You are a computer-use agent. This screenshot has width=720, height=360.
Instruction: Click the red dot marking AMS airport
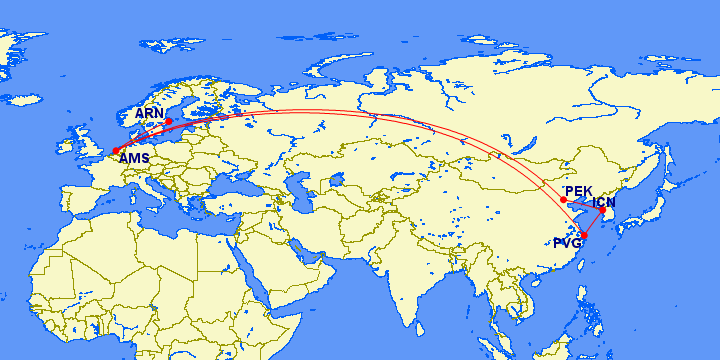(117, 150)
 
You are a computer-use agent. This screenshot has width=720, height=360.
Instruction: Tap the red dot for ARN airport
(168, 122)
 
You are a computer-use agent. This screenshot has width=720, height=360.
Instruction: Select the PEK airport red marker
(563, 200)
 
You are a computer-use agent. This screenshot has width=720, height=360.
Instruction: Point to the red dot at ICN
(602, 209)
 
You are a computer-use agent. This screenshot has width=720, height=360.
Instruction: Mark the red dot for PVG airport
(583, 236)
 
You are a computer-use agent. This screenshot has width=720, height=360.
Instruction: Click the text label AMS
(134, 158)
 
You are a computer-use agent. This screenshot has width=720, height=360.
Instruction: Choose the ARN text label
(150, 114)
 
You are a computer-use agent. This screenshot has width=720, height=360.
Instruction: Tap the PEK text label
(579, 191)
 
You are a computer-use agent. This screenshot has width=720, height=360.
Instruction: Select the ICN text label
(605, 203)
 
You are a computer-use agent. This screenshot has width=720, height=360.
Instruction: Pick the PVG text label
(567, 243)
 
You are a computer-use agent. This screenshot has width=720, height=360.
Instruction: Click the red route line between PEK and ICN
(583, 205)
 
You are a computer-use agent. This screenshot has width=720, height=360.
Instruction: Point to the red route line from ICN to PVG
(593, 222)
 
